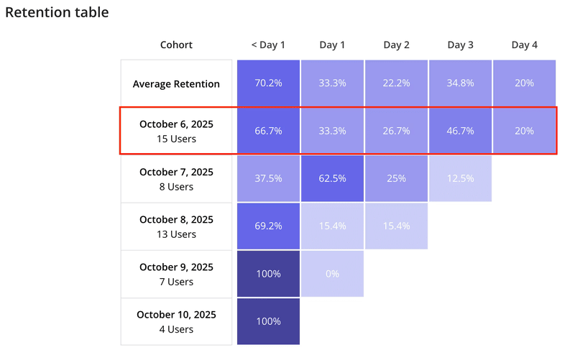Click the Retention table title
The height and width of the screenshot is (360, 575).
(x=57, y=12)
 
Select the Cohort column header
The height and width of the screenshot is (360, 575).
(x=176, y=45)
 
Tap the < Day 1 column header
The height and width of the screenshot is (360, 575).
(x=268, y=45)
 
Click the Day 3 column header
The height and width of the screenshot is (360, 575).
(x=460, y=45)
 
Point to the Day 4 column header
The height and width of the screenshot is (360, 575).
(x=524, y=45)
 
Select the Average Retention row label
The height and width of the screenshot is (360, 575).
(x=176, y=83)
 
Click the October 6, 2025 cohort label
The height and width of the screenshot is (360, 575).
(x=176, y=131)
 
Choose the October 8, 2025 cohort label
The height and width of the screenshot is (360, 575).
(x=176, y=226)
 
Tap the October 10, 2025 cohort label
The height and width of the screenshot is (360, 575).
(x=176, y=321)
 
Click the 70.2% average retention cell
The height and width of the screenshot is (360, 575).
(x=268, y=83)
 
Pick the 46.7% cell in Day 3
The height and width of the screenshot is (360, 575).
(x=460, y=131)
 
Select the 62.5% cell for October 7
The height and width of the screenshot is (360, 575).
(x=332, y=178)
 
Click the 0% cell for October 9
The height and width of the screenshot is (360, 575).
(x=332, y=274)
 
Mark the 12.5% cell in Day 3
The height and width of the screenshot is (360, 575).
(x=460, y=178)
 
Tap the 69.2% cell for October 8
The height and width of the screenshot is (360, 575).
(x=268, y=226)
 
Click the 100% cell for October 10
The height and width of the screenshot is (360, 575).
(x=268, y=321)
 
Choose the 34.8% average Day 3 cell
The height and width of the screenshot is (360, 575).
(x=460, y=83)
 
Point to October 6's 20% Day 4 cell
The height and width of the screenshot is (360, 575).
(x=524, y=131)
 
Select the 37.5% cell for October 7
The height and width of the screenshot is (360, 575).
(x=268, y=178)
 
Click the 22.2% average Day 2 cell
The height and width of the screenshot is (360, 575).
(x=396, y=83)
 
